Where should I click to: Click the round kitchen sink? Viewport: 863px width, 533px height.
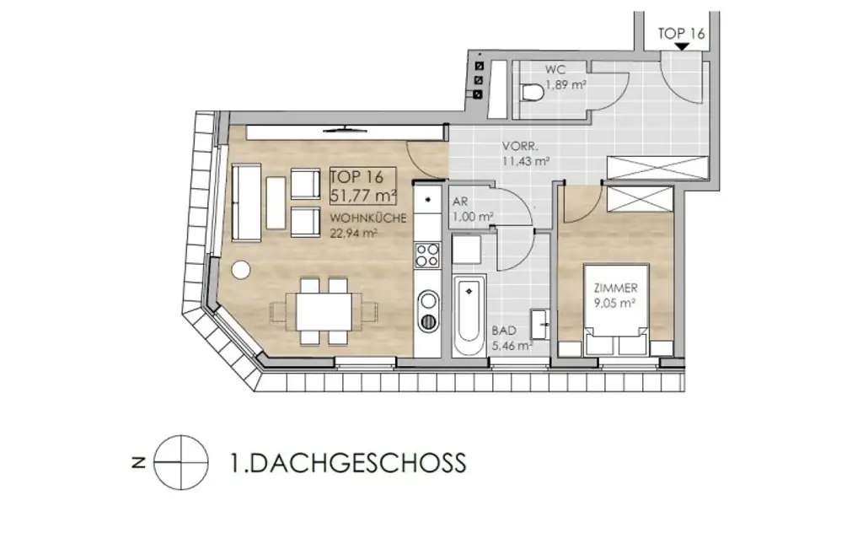pos(428,301)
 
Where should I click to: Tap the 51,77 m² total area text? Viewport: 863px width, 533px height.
pos(357,197)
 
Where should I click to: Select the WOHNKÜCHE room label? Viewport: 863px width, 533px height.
pos(368,218)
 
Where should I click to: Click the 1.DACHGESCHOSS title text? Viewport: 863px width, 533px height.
pos(347,463)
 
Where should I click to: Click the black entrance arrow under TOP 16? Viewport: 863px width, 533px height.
pos(679,47)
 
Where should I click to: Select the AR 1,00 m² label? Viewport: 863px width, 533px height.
pos(472,210)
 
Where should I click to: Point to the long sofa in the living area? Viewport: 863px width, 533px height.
pos(247,202)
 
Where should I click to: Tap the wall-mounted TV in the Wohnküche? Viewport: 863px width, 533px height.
pos(346,128)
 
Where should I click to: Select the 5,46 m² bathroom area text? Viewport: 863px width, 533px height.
pos(512,345)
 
